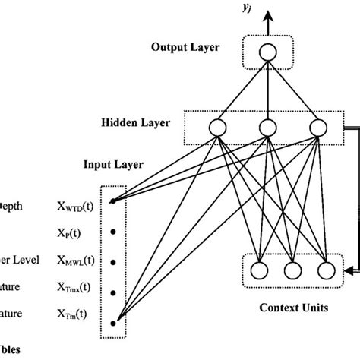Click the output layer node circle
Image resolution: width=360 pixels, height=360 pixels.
tap(266, 51)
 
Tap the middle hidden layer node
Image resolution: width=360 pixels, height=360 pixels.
tap(266, 127)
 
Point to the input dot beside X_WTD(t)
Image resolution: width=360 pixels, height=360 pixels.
tap(112, 202)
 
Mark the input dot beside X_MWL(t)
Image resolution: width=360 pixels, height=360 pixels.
tap(112, 262)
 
